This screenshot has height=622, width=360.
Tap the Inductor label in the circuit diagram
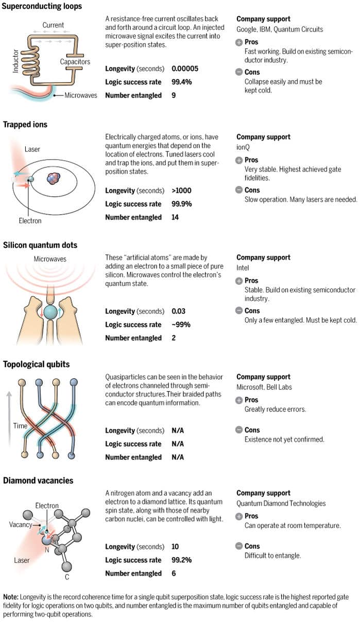pyautogui.click(x=15, y=61)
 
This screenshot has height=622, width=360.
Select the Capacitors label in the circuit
pyautogui.click(x=75, y=62)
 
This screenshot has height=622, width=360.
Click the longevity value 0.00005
pyautogui.click(x=185, y=68)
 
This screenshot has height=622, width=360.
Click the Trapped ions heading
pyautogui.click(x=25, y=124)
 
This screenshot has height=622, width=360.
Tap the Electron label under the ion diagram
pyautogui.click(x=30, y=221)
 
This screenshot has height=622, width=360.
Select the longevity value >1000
pyautogui.click(x=181, y=191)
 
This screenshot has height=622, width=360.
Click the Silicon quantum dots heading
pyautogui.click(x=40, y=245)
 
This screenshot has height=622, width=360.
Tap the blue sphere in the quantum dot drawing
pyautogui.click(x=51, y=312)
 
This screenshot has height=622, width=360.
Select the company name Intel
pyautogui.click(x=243, y=268)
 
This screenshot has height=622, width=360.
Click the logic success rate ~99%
pyautogui.click(x=181, y=325)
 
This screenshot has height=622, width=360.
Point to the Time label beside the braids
pyautogui.click(x=21, y=426)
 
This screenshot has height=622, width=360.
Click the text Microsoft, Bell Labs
pyautogui.click(x=264, y=387)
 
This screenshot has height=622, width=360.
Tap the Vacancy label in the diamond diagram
pyautogui.click(x=21, y=525)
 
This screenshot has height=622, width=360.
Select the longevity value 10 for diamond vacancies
pyautogui.click(x=175, y=547)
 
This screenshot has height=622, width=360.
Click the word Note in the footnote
pyautogui.click(x=11, y=597)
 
